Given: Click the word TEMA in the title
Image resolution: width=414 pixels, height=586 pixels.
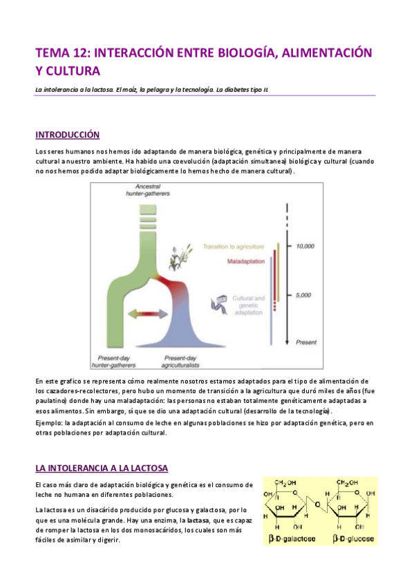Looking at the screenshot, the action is (x=51, y=53).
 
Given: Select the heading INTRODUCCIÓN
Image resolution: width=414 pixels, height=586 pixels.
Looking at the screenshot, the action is (x=67, y=134).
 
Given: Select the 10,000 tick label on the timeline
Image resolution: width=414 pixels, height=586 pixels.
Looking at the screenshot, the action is (x=305, y=246).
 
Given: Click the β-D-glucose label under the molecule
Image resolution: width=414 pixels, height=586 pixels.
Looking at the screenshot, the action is (x=352, y=538).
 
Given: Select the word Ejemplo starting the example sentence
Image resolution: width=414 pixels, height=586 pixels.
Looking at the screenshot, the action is (x=48, y=422).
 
